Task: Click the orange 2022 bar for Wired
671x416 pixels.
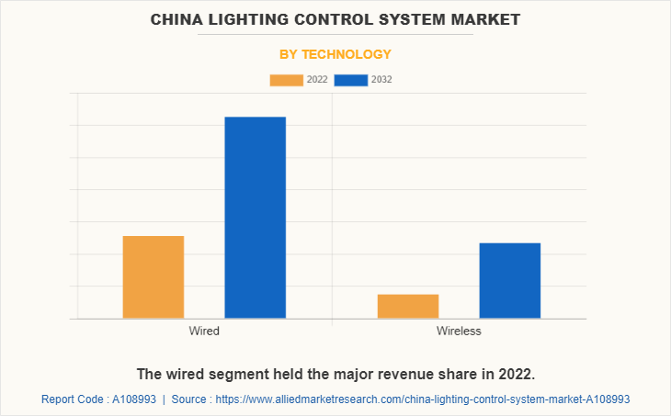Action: click(x=154, y=277)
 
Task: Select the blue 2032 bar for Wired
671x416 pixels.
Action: click(x=255, y=218)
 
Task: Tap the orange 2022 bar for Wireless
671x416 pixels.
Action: click(x=407, y=307)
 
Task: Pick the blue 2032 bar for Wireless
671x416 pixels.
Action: click(x=509, y=281)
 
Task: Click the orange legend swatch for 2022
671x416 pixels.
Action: click(x=286, y=80)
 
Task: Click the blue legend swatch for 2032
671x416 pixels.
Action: click(x=351, y=80)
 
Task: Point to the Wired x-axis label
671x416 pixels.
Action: click(x=204, y=331)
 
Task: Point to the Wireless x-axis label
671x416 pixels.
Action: click(x=459, y=331)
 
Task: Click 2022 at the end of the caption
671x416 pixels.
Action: click(x=516, y=375)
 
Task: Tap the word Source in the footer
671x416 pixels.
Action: click(x=190, y=400)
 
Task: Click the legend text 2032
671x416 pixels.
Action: click(x=381, y=80)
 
